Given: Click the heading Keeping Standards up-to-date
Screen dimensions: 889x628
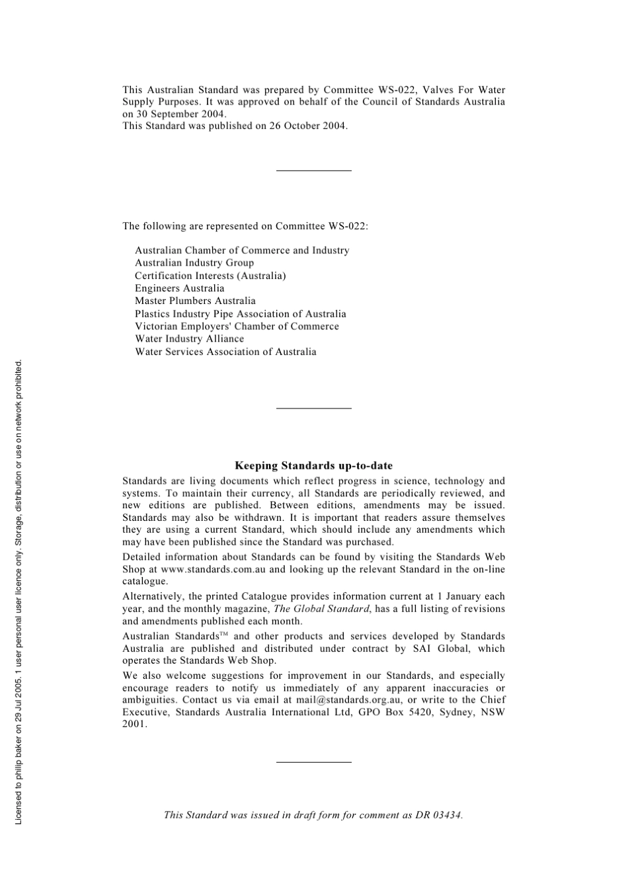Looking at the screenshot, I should (x=313, y=466).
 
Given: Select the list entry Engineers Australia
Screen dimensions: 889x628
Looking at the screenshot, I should (x=179, y=288).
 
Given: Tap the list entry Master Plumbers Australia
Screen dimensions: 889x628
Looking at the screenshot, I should (x=195, y=301).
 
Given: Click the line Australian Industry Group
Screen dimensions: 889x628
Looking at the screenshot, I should (x=194, y=263).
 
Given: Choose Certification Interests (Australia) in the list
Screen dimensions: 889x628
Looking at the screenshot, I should (x=210, y=276).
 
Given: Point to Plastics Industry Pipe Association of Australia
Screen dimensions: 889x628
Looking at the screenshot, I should (x=240, y=314).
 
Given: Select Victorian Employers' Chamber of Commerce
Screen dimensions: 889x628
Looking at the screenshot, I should (x=237, y=327).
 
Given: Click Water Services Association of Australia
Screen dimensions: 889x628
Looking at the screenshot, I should (x=225, y=352).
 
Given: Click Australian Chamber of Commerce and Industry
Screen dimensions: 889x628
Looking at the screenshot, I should (x=242, y=251).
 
